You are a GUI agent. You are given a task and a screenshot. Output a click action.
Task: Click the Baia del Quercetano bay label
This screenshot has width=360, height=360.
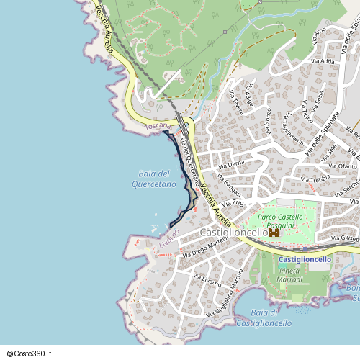[x=153, y=179]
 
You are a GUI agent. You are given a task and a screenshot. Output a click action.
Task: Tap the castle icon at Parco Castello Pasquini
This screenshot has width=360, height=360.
[x=274, y=233]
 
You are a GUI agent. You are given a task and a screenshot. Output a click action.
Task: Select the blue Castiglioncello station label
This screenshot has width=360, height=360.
[x=305, y=259]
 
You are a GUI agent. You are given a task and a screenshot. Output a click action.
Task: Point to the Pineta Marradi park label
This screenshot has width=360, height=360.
[x=290, y=274]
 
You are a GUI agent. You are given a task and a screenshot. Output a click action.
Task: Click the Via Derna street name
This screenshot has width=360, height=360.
[x=231, y=165]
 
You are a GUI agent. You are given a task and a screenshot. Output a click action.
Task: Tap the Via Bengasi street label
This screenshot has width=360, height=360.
[x=229, y=186]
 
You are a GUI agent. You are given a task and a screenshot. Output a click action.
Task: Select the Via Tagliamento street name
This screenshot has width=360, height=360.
[x=294, y=125]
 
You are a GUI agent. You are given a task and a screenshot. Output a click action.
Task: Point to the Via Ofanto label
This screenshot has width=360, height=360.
[x=342, y=167]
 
